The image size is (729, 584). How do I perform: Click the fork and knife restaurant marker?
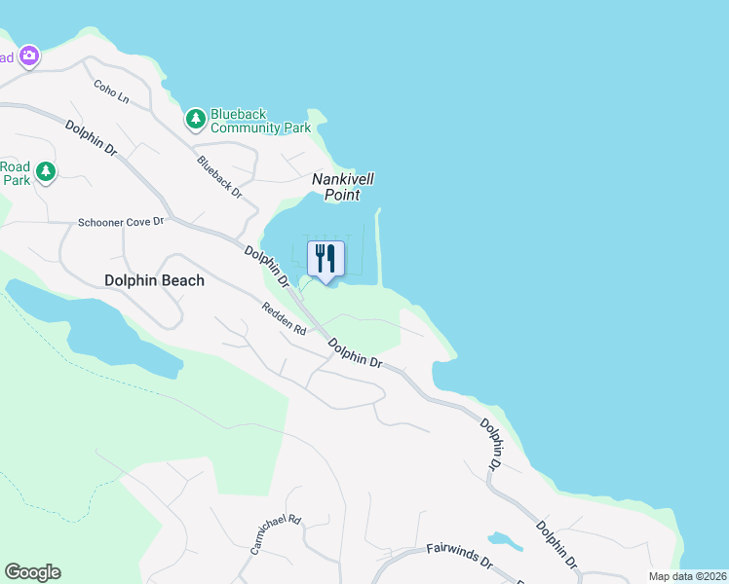[x=326, y=259]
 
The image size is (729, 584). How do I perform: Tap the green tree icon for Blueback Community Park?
[x=196, y=119]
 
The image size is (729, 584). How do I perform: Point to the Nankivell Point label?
[x=343, y=187]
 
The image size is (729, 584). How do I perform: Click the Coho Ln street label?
[x=111, y=91]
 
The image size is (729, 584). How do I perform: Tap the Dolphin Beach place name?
[x=154, y=280]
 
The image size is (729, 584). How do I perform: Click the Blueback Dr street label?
[x=219, y=177]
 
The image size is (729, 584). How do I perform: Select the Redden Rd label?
[x=284, y=318]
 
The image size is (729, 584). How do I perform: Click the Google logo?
[x=32, y=572]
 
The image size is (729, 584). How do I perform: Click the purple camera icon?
[x=30, y=55]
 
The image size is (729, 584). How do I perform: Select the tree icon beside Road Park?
[x=45, y=172]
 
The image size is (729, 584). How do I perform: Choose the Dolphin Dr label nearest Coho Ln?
[x=92, y=139]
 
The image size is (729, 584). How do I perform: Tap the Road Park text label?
[x=15, y=172]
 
